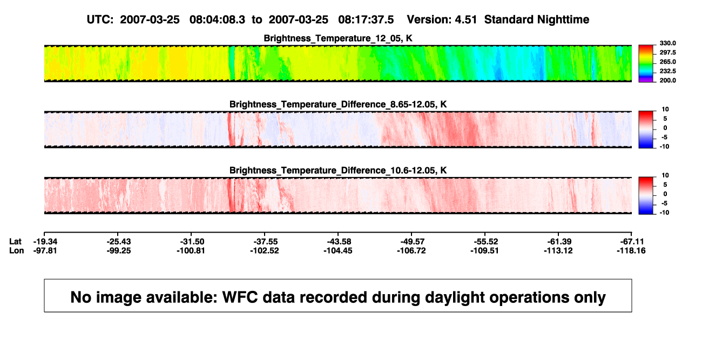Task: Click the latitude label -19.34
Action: [45, 242]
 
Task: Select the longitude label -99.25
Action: [118, 250]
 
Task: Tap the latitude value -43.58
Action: [339, 242]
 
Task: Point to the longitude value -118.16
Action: [631, 250]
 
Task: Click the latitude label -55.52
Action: [486, 242]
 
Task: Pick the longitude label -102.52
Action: [264, 250]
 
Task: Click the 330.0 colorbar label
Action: [667, 43]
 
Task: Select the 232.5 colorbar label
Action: [667, 71]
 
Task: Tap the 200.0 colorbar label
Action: [667, 80]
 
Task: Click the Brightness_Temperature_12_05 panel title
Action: [337, 38]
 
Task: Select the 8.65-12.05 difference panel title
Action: [337, 104]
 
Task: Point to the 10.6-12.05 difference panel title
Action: [337, 171]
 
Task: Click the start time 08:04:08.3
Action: [217, 19]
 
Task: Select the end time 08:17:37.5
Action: [366, 19]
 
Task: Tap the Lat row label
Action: [15, 242]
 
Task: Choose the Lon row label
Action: [16, 250]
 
